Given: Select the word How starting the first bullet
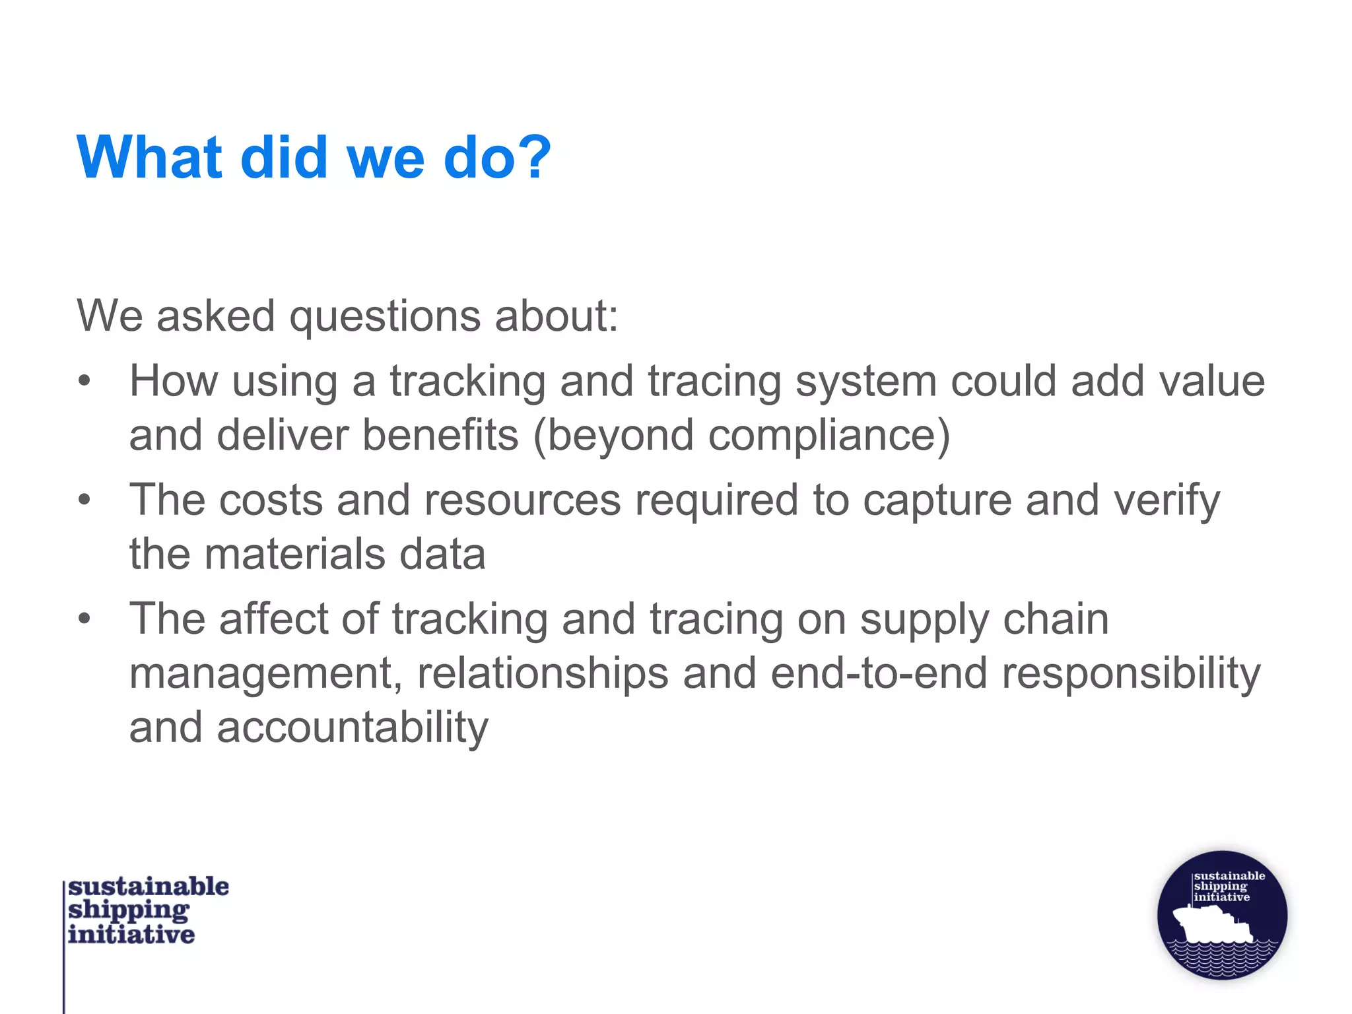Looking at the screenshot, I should (173, 381).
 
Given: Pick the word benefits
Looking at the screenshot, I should (440, 435).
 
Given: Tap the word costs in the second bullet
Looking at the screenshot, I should (271, 500).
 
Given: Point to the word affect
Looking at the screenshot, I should (273, 619).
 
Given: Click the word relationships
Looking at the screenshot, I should (543, 674).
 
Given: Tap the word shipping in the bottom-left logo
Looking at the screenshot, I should (128, 911).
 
